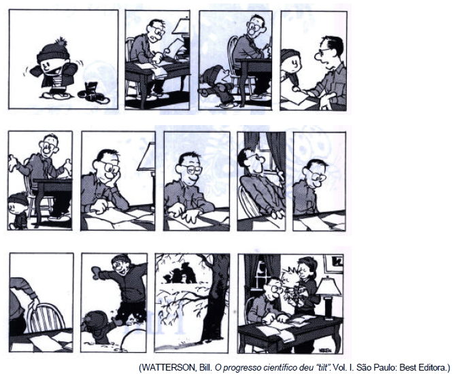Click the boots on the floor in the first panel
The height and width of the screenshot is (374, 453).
tap(93, 92)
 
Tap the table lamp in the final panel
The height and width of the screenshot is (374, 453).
tap(329, 297)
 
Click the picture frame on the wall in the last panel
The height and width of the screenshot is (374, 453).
tap(334, 263)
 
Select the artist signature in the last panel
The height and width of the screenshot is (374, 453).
tap(324, 350)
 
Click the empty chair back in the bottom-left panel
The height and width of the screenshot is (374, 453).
tap(46, 318)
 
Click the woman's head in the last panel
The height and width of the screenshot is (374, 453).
tap(307, 267)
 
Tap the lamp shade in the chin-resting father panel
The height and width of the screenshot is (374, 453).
tap(147, 157)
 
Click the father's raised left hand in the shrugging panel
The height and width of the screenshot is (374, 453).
tap(67, 167)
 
